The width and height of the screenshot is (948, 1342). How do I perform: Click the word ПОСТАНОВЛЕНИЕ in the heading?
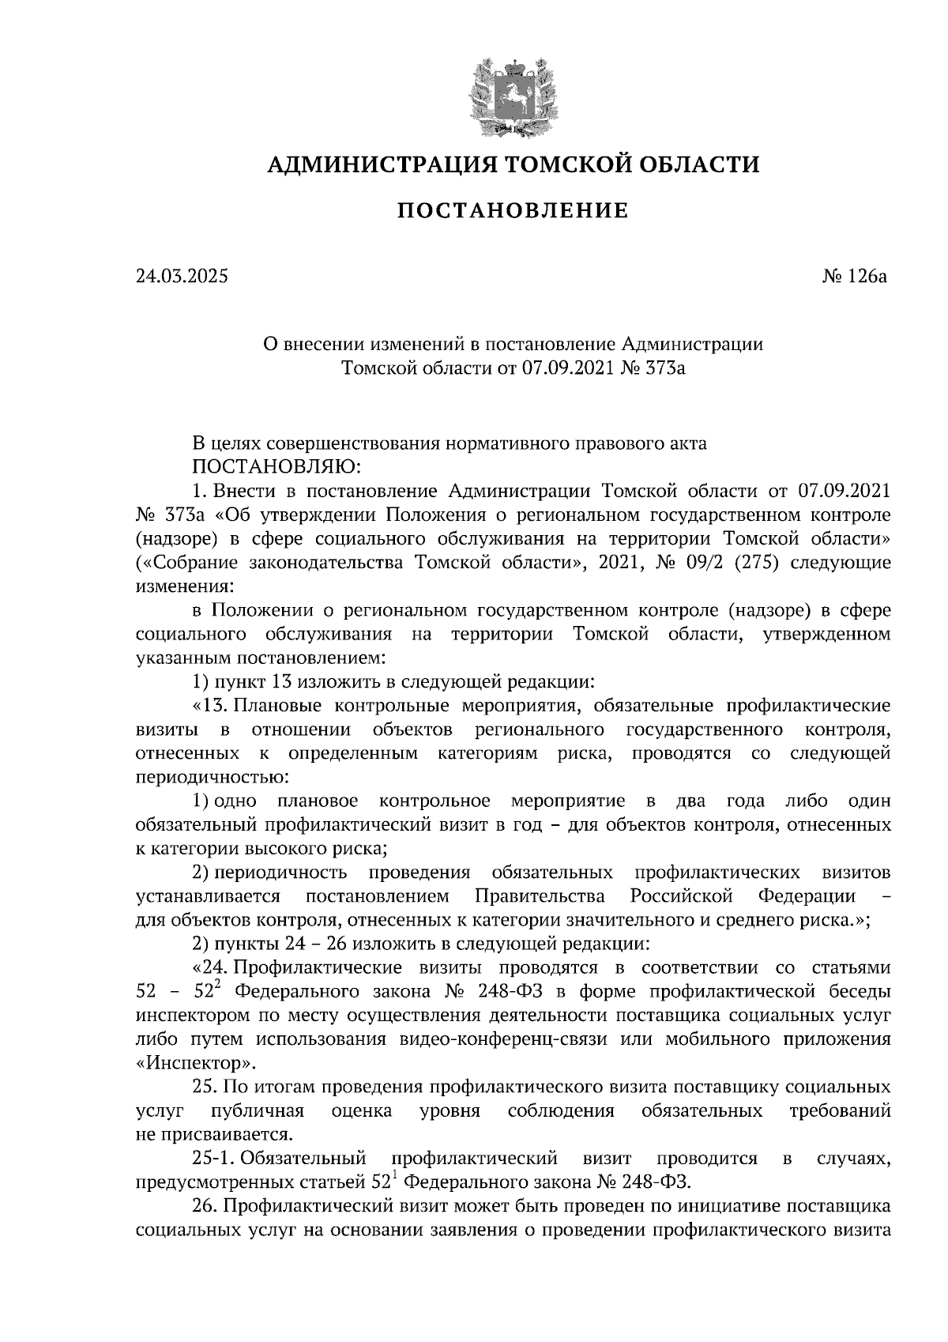[x=512, y=211]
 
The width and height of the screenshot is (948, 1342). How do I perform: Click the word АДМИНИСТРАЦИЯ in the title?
[x=380, y=164]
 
